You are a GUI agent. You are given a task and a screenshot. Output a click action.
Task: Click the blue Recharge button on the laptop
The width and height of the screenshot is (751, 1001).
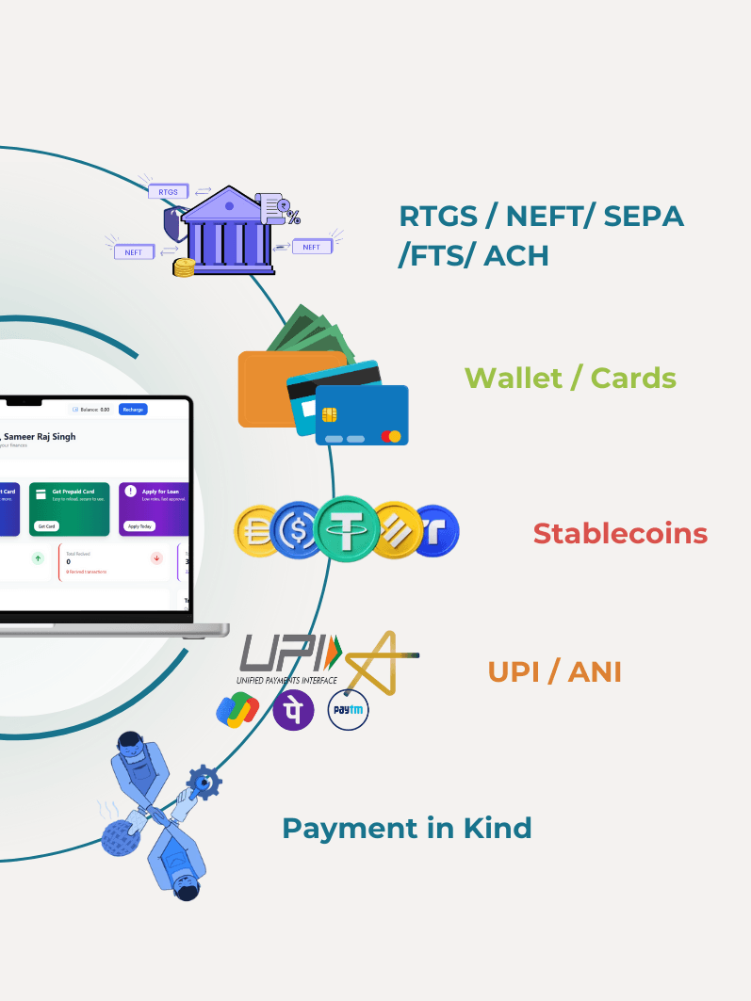coord(133,410)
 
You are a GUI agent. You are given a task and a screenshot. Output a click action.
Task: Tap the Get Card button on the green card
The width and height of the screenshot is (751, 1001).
coord(45,525)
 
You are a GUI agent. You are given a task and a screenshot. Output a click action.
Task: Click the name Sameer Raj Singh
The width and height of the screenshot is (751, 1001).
coord(40,437)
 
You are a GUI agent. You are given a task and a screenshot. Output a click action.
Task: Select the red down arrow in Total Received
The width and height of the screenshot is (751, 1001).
coord(156,558)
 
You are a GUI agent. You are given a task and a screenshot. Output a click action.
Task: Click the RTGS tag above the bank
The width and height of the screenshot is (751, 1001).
coord(168,191)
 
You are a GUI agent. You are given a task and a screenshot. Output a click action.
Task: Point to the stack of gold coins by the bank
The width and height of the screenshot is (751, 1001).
coord(183,267)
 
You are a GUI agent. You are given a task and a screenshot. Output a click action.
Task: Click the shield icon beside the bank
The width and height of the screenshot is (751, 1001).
coord(173,224)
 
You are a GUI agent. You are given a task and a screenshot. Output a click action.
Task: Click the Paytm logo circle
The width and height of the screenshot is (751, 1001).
coord(348,710)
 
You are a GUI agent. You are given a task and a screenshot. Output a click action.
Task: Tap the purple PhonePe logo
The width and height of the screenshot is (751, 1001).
coord(294,710)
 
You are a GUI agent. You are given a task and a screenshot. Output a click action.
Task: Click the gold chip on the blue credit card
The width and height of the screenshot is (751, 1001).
coord(330,414)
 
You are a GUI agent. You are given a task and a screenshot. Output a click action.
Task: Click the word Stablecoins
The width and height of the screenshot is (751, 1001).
coord(620,533)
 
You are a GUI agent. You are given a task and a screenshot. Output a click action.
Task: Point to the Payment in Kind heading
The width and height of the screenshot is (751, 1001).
coord(407,829)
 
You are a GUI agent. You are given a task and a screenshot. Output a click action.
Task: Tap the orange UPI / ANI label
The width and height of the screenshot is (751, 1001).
coord(554,672)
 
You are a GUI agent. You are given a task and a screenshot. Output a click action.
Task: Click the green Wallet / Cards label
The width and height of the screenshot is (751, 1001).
coord(570,378)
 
